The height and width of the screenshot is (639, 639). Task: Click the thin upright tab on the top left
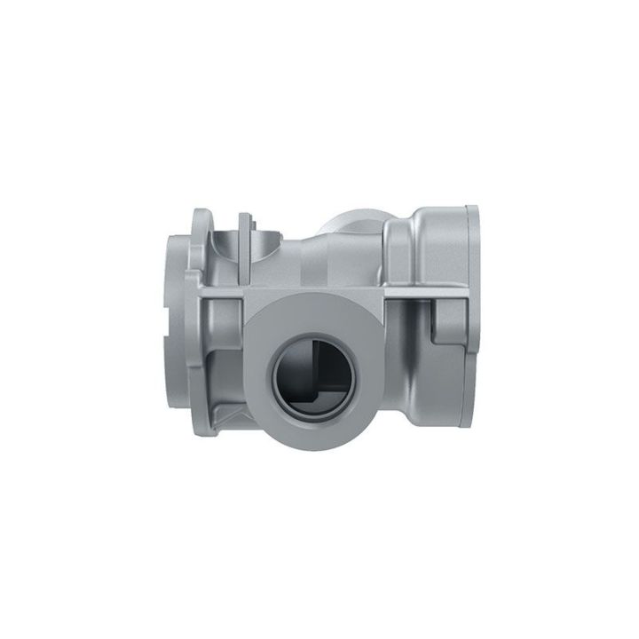point(244,233)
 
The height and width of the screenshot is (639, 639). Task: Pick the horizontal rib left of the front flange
point(222,292)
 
